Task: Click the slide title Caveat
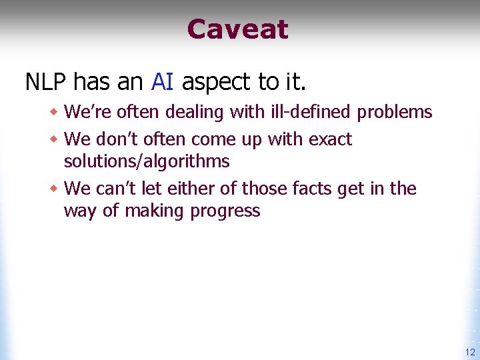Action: coord(237,29)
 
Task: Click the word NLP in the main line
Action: coord(46,82)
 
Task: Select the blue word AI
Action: coord(163,82)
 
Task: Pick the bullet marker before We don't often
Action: coord(55,140)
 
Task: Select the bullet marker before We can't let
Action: coord(55,189)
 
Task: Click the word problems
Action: coord(395,113)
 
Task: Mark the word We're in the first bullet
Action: coord(79,113)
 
